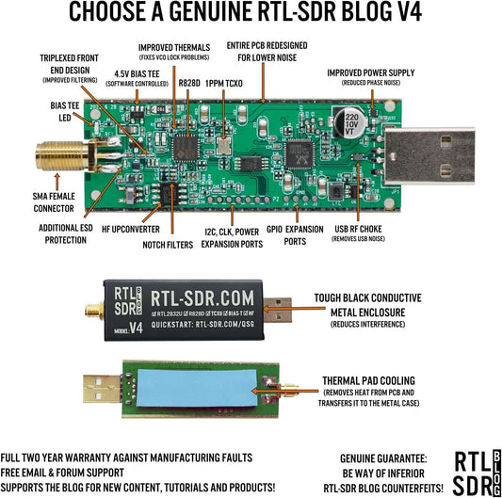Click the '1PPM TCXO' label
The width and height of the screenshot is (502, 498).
(224, 84)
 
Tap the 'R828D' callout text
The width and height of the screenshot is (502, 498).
(189, 83)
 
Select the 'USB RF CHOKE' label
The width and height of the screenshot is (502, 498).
(358, 229)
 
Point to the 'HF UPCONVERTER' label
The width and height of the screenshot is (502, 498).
(131, 229)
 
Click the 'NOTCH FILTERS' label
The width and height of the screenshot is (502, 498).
(168, 245)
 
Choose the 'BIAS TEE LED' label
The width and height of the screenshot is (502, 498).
(65, 112)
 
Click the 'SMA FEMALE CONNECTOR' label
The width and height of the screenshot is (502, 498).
(54, 202)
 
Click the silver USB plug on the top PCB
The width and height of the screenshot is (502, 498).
(429, 156)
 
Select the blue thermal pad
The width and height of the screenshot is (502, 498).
(197, 388)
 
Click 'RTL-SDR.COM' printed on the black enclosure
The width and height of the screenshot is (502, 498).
(202, 298)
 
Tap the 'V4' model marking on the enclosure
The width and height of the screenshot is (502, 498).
(136, 328)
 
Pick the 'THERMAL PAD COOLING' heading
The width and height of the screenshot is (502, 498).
(368, 381)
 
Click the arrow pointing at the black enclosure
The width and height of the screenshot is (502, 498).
(294, 309)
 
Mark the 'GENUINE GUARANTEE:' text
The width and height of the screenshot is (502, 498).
(383, 458)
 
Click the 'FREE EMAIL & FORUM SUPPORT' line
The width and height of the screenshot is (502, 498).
(62, 473)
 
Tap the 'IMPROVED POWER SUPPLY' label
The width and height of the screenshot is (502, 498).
(371, 73)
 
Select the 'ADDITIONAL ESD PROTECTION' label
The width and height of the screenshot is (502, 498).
(66, 234)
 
